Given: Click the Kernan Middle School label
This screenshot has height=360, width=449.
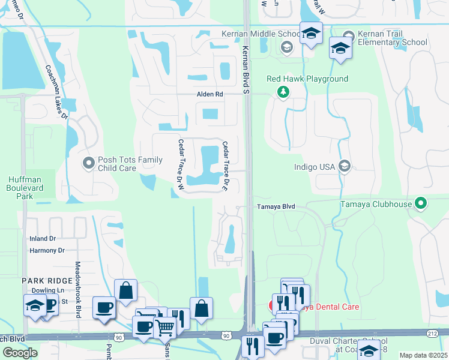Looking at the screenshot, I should click(260, 34).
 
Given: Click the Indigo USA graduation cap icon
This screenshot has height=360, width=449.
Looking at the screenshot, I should click(345, 167).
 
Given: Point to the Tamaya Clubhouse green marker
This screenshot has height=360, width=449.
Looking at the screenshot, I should click(421, 204).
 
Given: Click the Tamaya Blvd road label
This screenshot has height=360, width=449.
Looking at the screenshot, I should click(277, 206).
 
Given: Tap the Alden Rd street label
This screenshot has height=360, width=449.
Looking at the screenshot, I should click(209, 95).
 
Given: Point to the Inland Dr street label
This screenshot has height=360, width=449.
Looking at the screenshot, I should click(43, 239).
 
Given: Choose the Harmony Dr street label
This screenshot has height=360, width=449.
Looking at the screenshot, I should click(47, 250).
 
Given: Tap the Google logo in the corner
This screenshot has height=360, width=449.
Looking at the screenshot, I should click(19, 353).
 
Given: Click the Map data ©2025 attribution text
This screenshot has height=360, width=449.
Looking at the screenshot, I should click(423, 355).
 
